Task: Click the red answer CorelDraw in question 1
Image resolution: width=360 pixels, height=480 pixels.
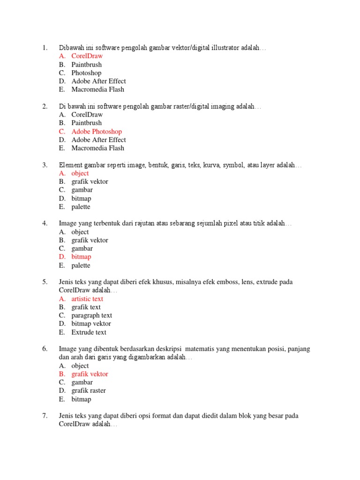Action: (x=87, y=56)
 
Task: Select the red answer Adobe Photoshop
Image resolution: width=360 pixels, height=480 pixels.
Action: (x=96, y=132)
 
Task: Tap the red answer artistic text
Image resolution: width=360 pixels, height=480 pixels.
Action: (x=87, y=299)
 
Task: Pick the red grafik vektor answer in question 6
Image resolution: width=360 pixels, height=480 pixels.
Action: (x=90, y=374)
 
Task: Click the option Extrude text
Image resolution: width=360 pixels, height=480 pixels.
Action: (x=89, y=332)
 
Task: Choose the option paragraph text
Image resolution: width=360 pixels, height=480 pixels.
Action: (x=91, y=315)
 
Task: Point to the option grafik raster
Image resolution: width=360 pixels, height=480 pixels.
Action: (x=89, y=391)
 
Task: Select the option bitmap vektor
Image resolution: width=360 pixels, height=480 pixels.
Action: (x=91, y=324)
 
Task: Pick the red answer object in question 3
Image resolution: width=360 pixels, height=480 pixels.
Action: (x=80, y=173)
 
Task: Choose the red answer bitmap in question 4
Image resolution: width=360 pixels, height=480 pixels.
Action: (x=81, y=257)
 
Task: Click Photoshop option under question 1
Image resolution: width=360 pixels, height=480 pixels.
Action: (x=86, y=73)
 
